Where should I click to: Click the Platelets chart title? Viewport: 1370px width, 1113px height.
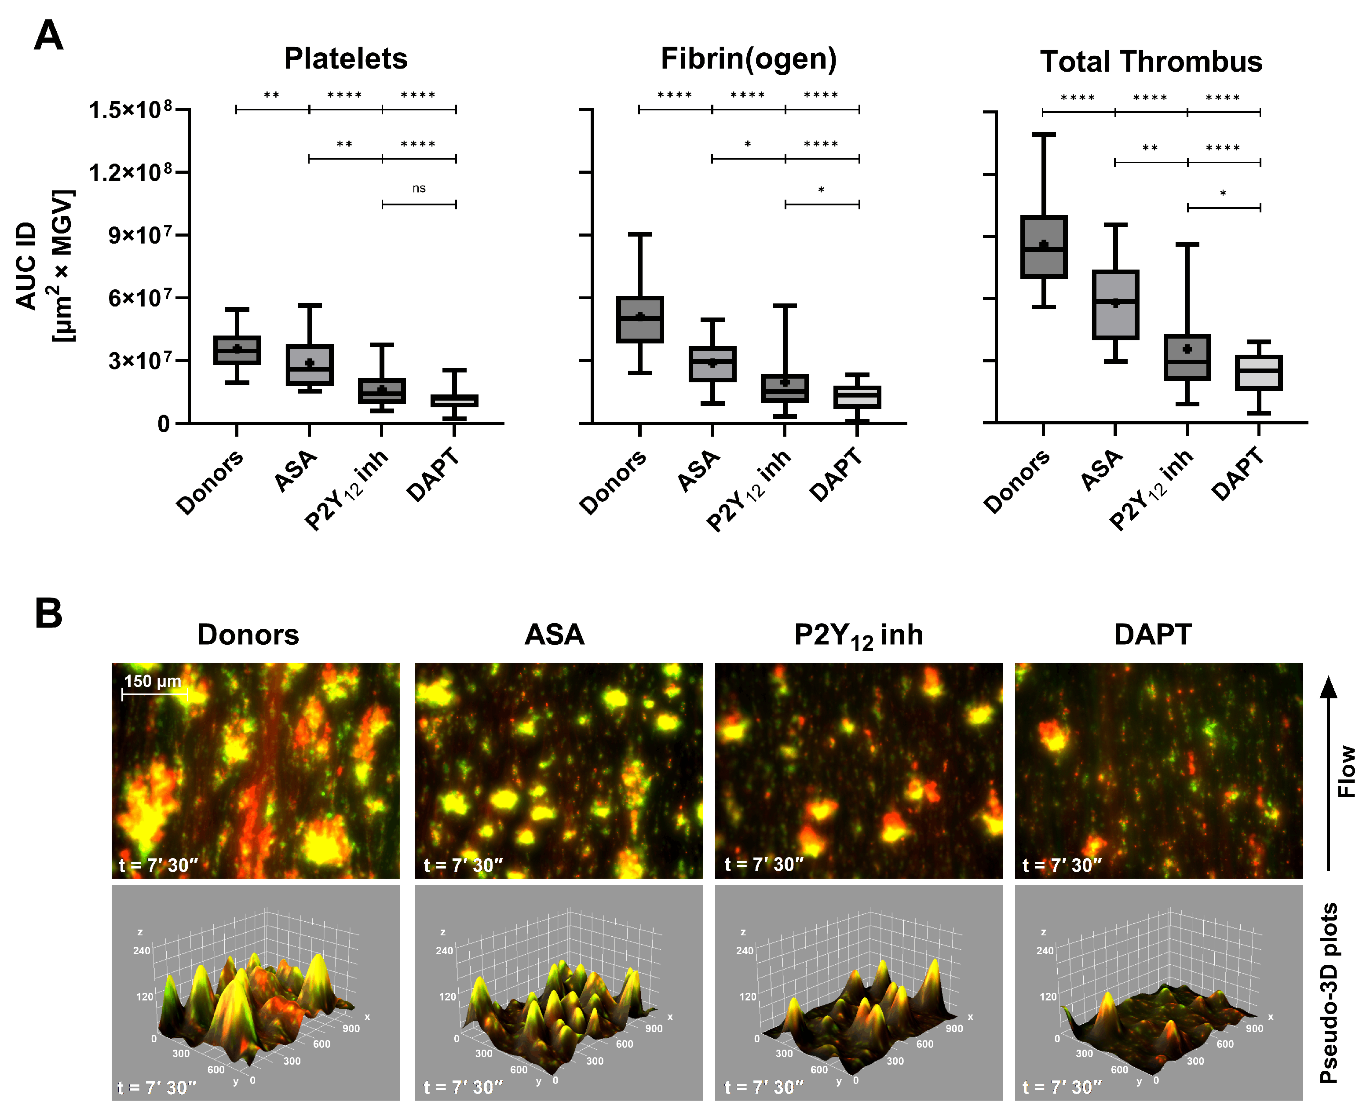coord(346,59)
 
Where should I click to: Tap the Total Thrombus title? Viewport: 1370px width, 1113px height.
coord(1151,62)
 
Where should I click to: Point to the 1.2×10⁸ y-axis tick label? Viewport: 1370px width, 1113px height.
coord(130,172)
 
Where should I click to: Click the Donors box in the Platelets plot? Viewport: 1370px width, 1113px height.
coord(237,350)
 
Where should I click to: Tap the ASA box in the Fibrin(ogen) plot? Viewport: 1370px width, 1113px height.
coord(712,364)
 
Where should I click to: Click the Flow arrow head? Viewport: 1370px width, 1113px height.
coord(1328,688)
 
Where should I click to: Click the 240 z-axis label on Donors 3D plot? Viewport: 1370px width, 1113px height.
coord(142,950)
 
